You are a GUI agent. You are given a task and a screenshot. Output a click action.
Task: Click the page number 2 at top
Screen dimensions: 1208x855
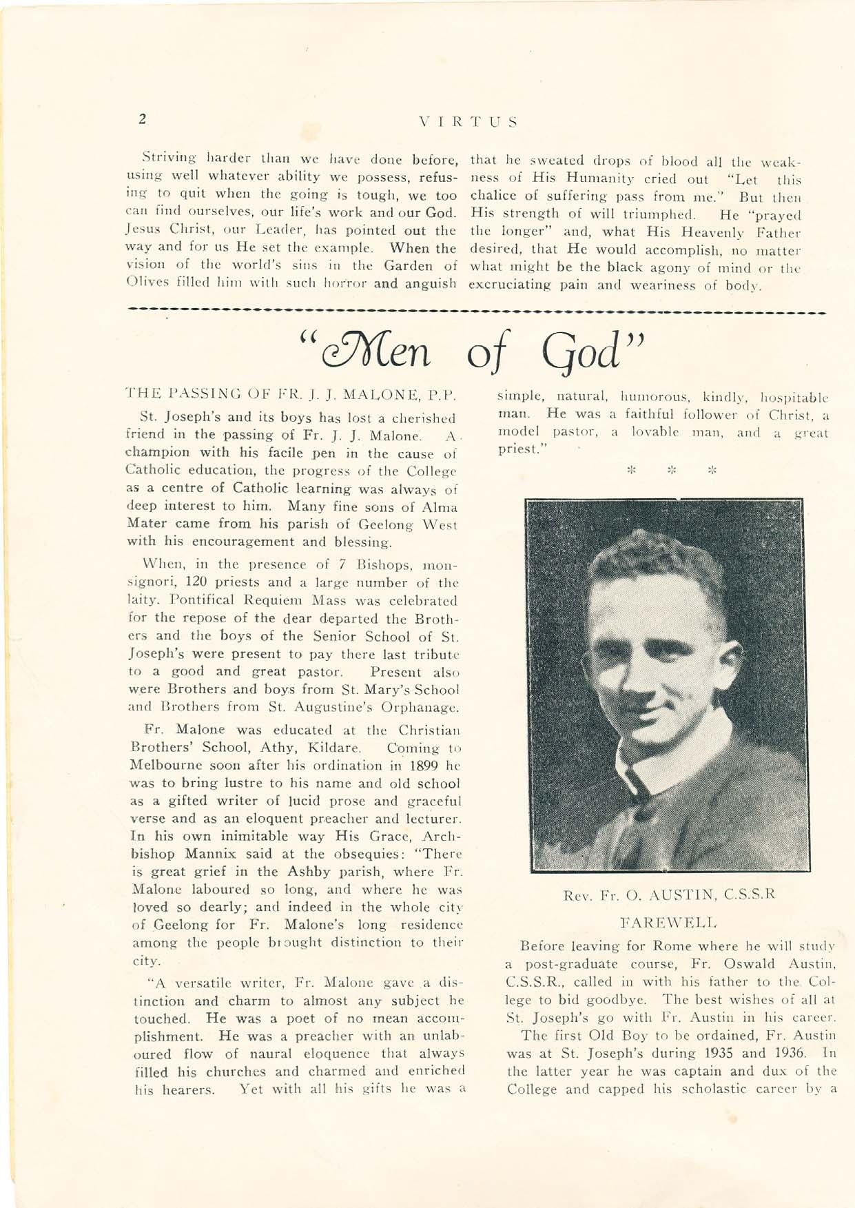pos(141,119)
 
